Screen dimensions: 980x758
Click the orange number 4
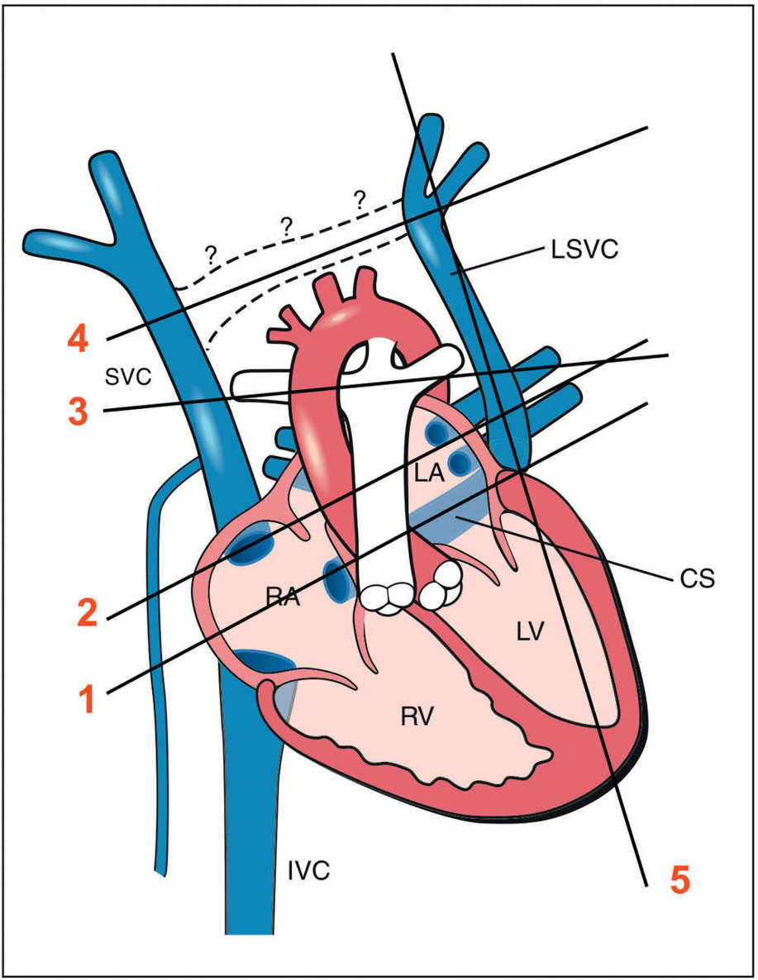pyautogui.click(x=79, y=339)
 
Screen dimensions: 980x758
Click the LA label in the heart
pyautogui.click(x=429, y=474)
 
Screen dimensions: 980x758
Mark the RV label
pyautogui.click(x=418, y=716)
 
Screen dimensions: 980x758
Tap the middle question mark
pyautogui.click(x=287, y=226)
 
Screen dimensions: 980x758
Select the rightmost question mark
pyautogui.click(x=359, y=198)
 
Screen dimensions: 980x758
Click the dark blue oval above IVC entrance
pyautogui.click(x=264, y=661)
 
